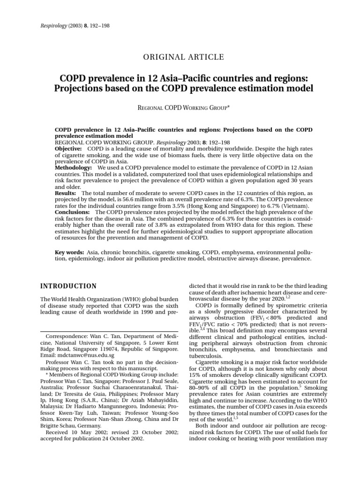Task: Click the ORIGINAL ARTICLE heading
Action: [x=180, y=57]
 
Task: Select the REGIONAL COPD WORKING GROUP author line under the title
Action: [x=180, y=108]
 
